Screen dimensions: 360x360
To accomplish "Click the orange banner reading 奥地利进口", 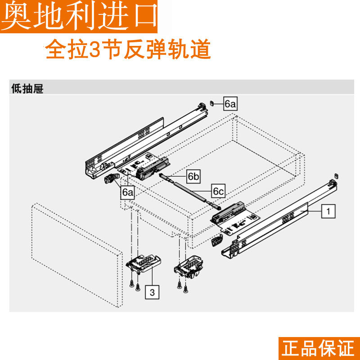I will point(80,16).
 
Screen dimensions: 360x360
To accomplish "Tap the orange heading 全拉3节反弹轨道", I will point(128,50).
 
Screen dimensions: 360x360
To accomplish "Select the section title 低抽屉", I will point(27,89).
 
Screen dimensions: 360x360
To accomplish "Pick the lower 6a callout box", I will point(128,192).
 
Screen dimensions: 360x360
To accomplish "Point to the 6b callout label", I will point(193,176).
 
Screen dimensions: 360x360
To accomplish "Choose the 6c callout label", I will point(218,191).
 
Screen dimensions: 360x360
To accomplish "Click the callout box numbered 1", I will point(328,210).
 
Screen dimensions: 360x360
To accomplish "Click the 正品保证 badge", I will point(318,348).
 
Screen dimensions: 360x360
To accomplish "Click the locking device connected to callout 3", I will point(143,264).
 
